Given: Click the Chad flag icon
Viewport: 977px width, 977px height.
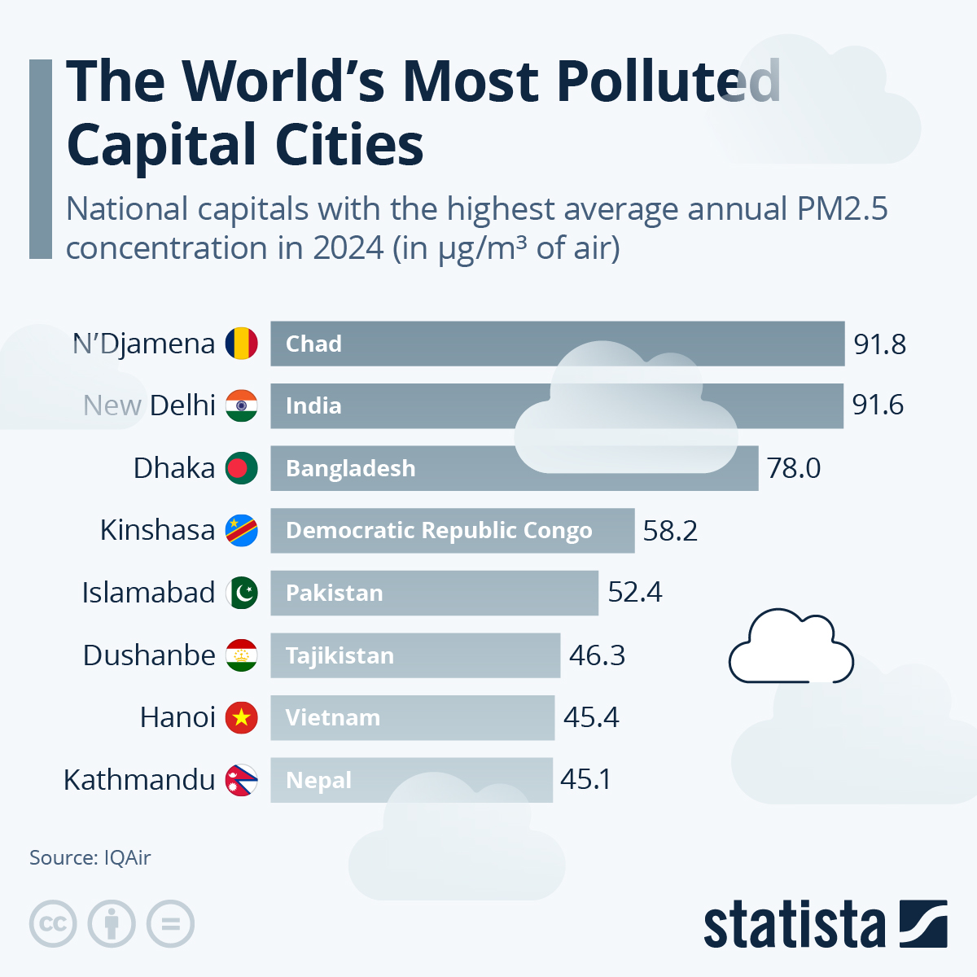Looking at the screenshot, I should tap(241, 344).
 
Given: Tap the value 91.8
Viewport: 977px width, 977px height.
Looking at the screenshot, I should tap(879, 344).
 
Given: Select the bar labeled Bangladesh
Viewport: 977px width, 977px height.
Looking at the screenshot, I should tap(514, 468).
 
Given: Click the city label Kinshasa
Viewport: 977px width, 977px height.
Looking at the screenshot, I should tap(157, 530).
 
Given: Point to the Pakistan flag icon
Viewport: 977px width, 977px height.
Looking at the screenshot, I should tap(241, 593).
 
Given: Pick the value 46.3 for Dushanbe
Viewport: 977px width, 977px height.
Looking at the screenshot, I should tap(597, 655).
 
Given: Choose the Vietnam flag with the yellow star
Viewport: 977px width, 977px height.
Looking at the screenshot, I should tap(241, 717).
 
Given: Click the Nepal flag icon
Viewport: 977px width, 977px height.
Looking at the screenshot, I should tap(241, 780).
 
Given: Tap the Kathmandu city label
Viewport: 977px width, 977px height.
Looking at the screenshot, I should tap(139, 780).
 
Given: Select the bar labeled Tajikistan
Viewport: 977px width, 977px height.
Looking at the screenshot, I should tap(415, 655).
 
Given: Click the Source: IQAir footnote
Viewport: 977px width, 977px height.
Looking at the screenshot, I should tap(90, 857).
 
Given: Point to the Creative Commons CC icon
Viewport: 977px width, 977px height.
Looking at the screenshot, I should tap(53, 924).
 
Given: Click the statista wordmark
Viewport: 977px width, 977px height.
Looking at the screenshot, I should tap(794, 925).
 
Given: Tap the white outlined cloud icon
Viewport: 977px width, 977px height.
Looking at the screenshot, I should tap(791, 646).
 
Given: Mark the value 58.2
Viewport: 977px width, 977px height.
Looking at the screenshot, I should tap(670, 531).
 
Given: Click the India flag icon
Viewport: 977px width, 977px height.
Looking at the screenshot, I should tap(241, 405).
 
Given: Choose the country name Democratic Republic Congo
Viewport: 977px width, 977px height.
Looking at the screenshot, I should tap(439, 531).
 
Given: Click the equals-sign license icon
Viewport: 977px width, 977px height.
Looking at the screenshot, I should tap(171, 924).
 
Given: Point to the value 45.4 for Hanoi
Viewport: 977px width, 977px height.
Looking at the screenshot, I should tap(591, 717).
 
